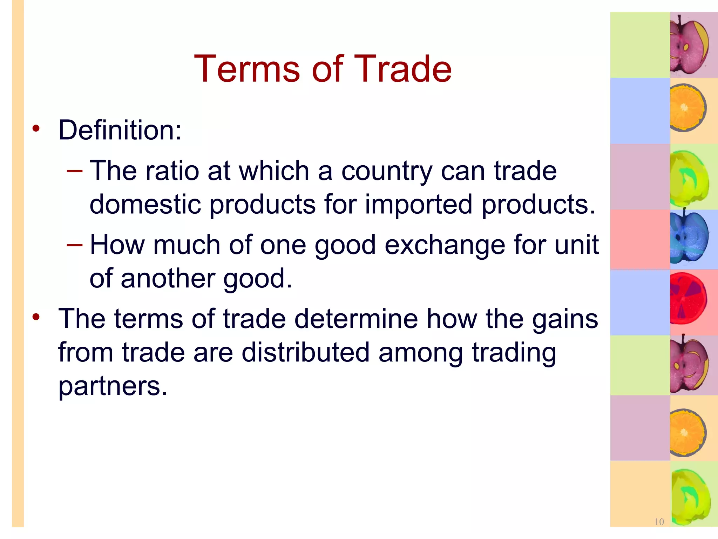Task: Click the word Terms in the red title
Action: point(247,69)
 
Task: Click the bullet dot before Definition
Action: point(36,128)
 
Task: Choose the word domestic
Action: point(145,205)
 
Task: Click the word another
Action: point(168,279)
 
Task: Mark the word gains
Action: point(565,320)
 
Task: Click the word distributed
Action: point(305,353)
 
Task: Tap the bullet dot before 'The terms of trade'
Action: point(36,317)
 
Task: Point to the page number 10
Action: point(659,522)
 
